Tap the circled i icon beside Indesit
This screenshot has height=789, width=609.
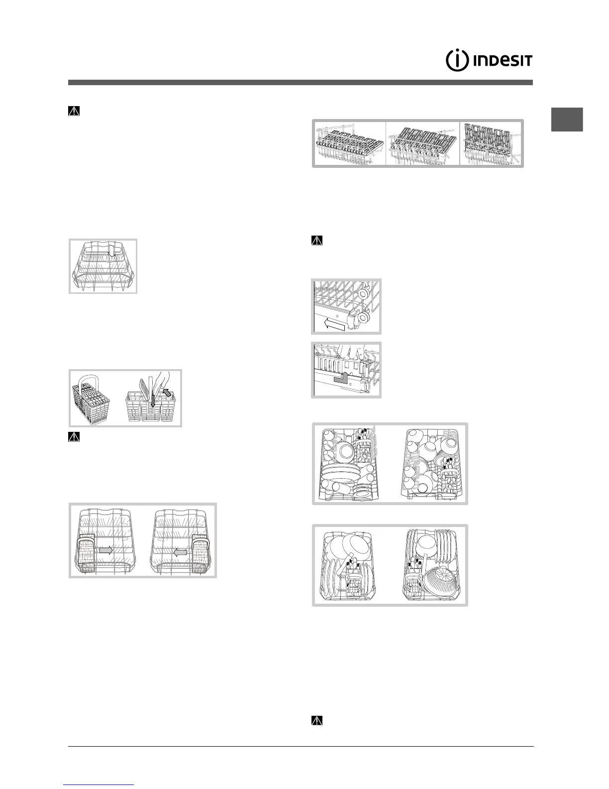click(x=457, y=61)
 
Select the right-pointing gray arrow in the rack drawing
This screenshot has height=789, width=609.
click(x=105, y=550)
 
